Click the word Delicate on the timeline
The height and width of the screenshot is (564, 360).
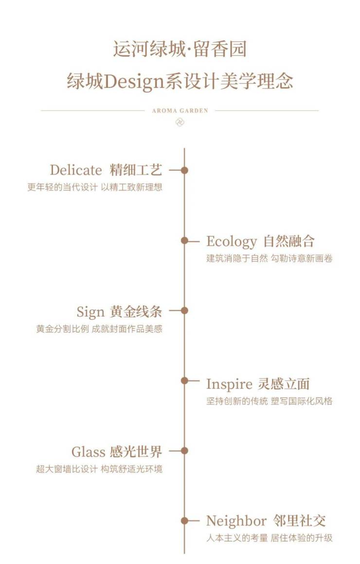76,170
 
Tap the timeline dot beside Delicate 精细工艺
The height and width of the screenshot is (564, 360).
184,170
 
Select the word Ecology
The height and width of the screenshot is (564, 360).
231,241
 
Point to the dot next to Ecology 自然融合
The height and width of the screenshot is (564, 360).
184,241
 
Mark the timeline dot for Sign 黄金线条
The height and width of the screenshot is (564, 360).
184,311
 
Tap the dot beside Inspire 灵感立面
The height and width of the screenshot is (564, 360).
184,380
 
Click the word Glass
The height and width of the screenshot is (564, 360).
89,452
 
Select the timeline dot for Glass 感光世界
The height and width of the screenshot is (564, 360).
184,451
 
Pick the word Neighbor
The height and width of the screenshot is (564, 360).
236,521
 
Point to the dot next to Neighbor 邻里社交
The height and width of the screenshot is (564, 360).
184,521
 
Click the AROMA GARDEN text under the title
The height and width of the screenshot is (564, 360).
180,110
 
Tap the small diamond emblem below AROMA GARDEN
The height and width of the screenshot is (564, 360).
180,122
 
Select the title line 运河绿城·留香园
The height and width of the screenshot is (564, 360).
180,49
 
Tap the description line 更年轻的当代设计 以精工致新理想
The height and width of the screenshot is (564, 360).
95,187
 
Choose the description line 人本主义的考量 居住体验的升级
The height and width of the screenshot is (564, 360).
270,538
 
